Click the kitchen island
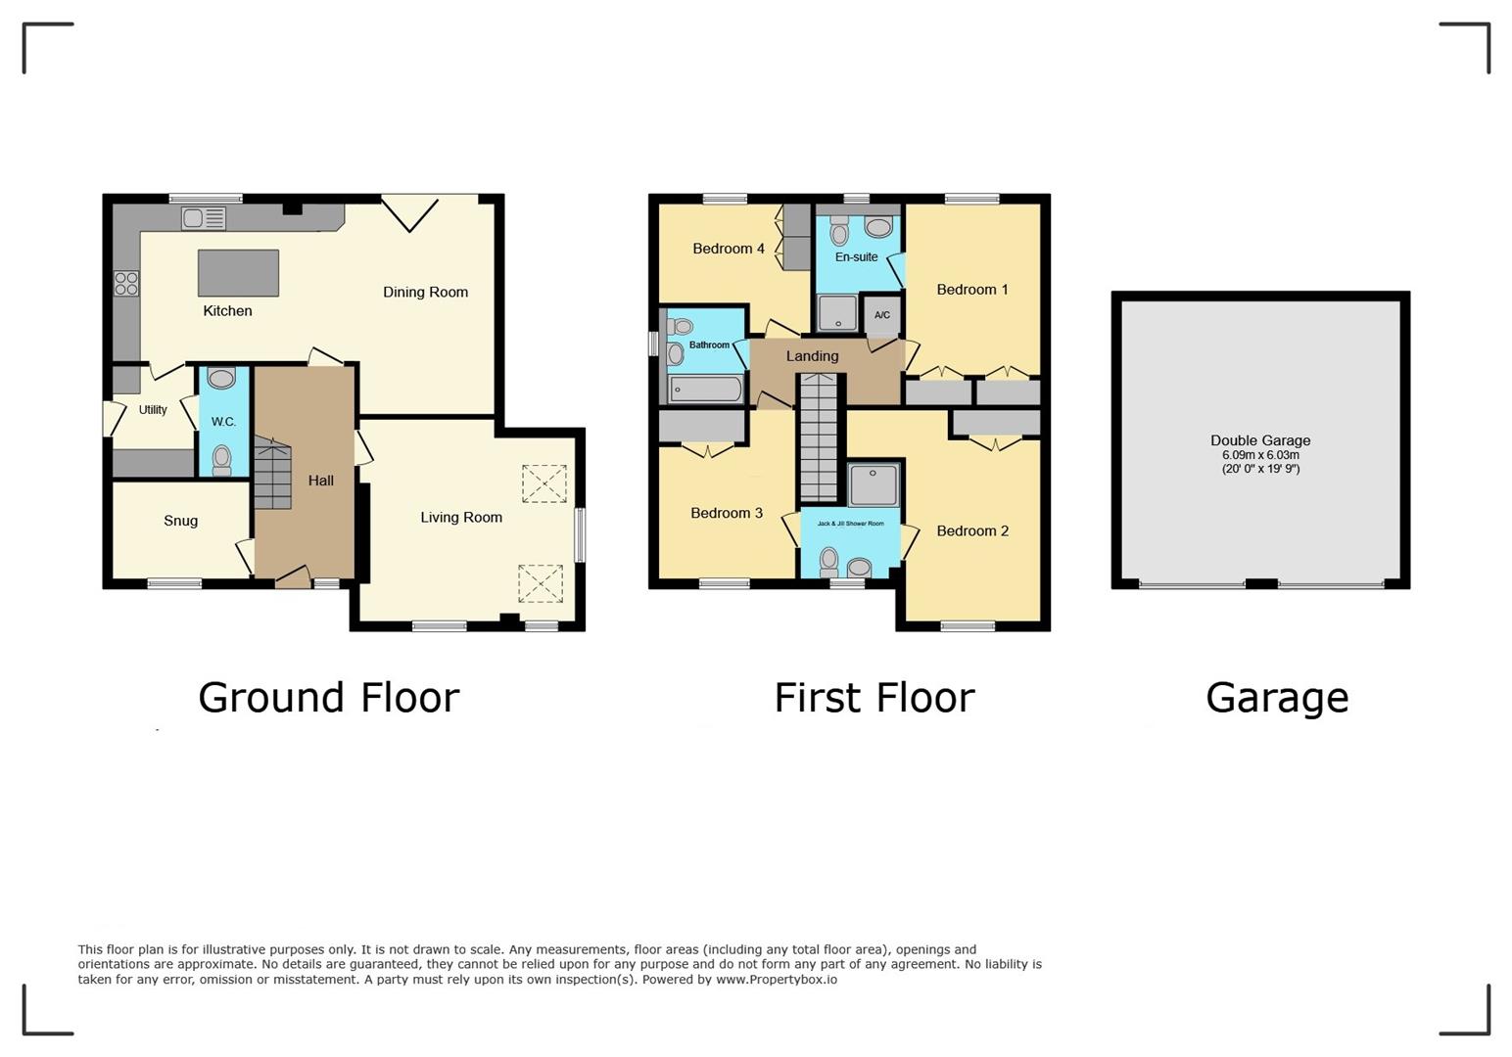point(238,273)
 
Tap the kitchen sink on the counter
point(204,218)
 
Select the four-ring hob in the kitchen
point(126,283)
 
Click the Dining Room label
point(425,292)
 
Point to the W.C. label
point(223,422)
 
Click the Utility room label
point(153,410)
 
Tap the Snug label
point(180,521)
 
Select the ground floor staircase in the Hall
point(272,474)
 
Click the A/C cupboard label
point(881,315)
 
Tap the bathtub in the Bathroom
point(705,390)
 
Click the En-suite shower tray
point(836,313)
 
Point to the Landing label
point(812,356)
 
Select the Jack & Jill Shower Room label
point(850,524)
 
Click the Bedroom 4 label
point(728,249)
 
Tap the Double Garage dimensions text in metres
point(1260,455)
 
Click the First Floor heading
point(874,698)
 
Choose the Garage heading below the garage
point(1277,698)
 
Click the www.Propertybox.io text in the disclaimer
point(776,979)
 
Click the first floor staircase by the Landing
point(819,440)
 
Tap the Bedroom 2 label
point(971,530)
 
